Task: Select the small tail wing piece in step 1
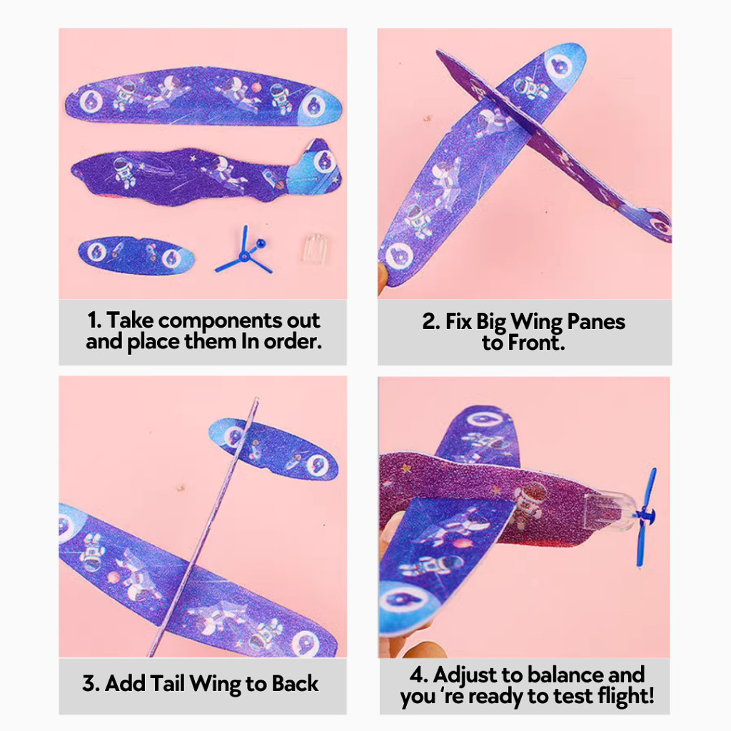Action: click(x=136, y=256)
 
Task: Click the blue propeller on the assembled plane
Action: click(x=646, y=517)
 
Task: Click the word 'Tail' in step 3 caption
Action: click(x=168, y=683)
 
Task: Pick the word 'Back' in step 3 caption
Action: click(x=295, y=683)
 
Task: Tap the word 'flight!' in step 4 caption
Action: click(x=626, y=697)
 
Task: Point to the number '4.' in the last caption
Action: click(x=419, y=675)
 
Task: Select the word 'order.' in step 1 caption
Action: click(x=293, y=342)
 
